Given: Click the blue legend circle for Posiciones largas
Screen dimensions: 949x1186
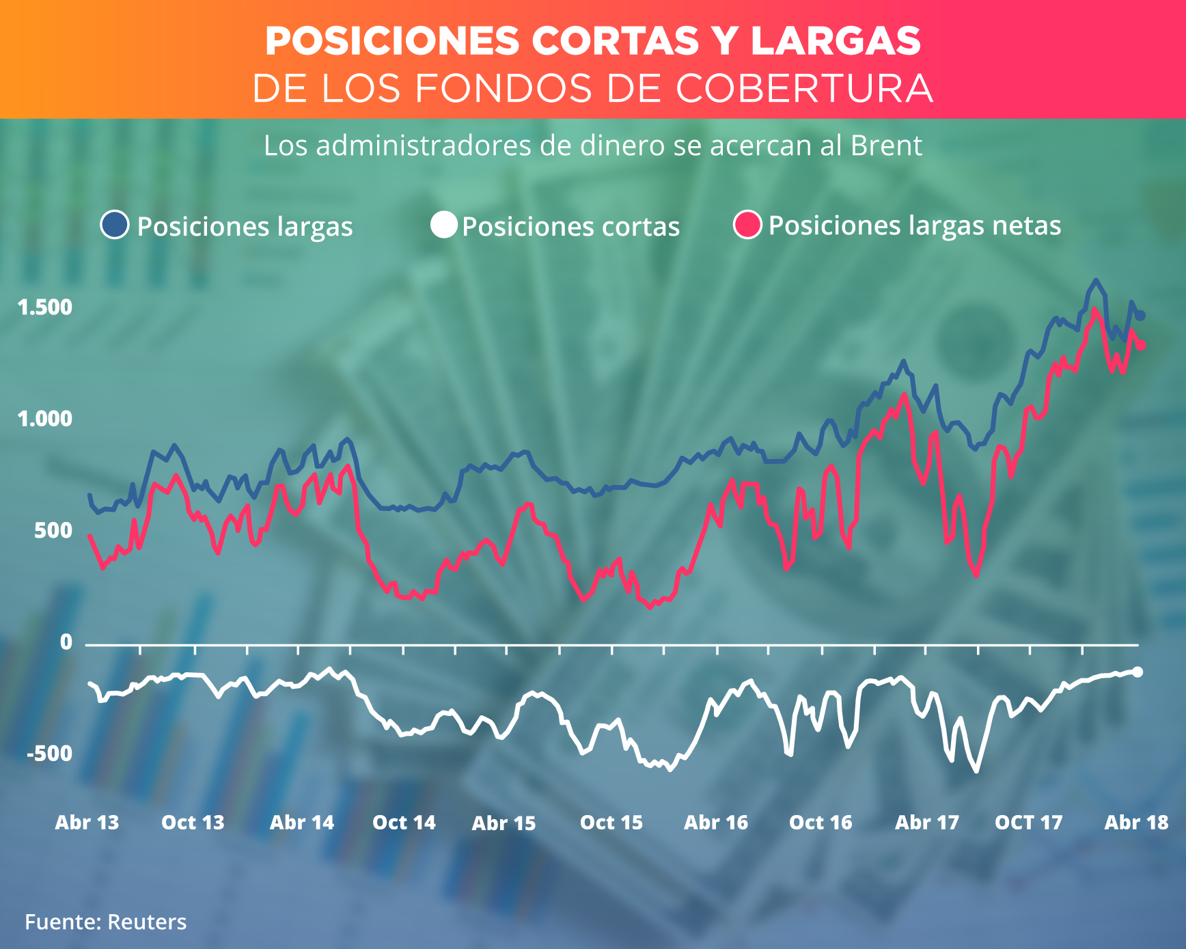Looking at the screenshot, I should pos(115,225).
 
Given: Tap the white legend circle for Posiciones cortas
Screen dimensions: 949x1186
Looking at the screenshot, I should pos(443,225).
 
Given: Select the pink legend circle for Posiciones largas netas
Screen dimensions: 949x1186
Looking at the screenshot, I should pos(747,225).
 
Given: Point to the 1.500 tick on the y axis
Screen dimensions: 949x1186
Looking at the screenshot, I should pos(45,307).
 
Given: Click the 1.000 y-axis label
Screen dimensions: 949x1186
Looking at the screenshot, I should pos(45,419).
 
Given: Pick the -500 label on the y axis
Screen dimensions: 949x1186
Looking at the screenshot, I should pos(49,754).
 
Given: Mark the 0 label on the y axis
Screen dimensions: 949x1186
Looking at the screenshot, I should pos(66,642).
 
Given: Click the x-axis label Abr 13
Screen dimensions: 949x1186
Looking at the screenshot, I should pos(87,822).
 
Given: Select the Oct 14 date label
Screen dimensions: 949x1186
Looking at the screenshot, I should pos(404,822).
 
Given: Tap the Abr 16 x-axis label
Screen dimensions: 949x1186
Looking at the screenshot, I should pos(716,822).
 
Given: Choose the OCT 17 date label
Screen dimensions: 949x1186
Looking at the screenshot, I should pos(1029,822).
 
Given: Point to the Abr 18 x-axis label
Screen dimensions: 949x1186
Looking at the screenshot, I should pos(1137,822).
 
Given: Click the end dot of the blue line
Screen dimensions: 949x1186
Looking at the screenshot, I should pos(1140,315).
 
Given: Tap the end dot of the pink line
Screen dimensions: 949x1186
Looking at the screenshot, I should pos(1140,346).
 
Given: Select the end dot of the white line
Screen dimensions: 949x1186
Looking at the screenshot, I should pos(1137,672).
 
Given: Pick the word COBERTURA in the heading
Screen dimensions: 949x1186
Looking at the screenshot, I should pos(804,89).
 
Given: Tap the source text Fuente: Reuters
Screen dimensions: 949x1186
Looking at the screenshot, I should pos(106,922).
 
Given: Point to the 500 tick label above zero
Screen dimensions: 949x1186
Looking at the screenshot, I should pos(53,530).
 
